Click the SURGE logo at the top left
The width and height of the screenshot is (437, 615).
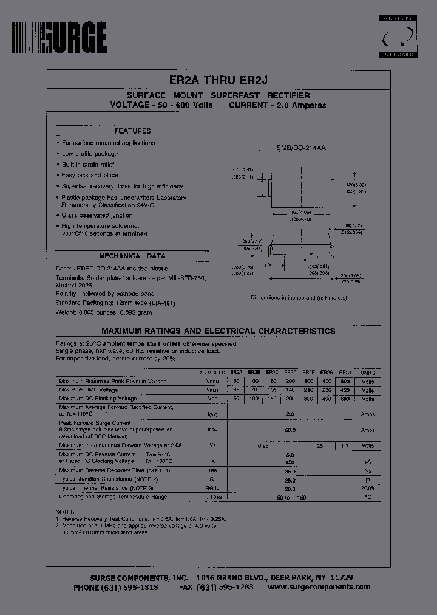pyautogui.click(x=59, y=38)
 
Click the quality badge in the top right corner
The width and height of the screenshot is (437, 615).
pyautogui.click(x=398, y=37)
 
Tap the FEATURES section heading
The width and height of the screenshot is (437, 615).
pyautogui.click(x=132, y=131)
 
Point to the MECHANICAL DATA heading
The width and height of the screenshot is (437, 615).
pyautogui.click(x=132, y=256)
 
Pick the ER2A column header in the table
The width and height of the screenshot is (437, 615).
pyautogui.click(x=236, y=372)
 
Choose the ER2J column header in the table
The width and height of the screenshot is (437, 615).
pyautogui.click(x=345, y=372)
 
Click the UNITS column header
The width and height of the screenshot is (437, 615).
pyautogui.click(x=368, y=372)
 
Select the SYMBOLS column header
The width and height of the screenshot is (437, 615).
pyautogui.click(x=213, y=372)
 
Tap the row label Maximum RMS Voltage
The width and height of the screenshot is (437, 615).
pyautogui.click(x=89, y=390)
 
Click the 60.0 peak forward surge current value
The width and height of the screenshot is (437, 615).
pyautogui.click(x=290, y=430)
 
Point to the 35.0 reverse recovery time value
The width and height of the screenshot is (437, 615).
pyautogui.click(x=290, y=470)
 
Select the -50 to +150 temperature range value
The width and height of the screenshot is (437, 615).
pyautogui.click(x=290, y=497)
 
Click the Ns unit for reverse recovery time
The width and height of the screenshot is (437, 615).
pyautogui.click(x=368, y=470)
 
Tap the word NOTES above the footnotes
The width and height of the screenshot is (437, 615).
pyautogui.click(x=65, y=512)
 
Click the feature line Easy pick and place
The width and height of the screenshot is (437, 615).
pyautogui.click(x=90, y=175)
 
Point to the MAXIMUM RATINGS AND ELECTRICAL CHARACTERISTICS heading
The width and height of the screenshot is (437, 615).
pyautogui.click(x=218, y=331)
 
